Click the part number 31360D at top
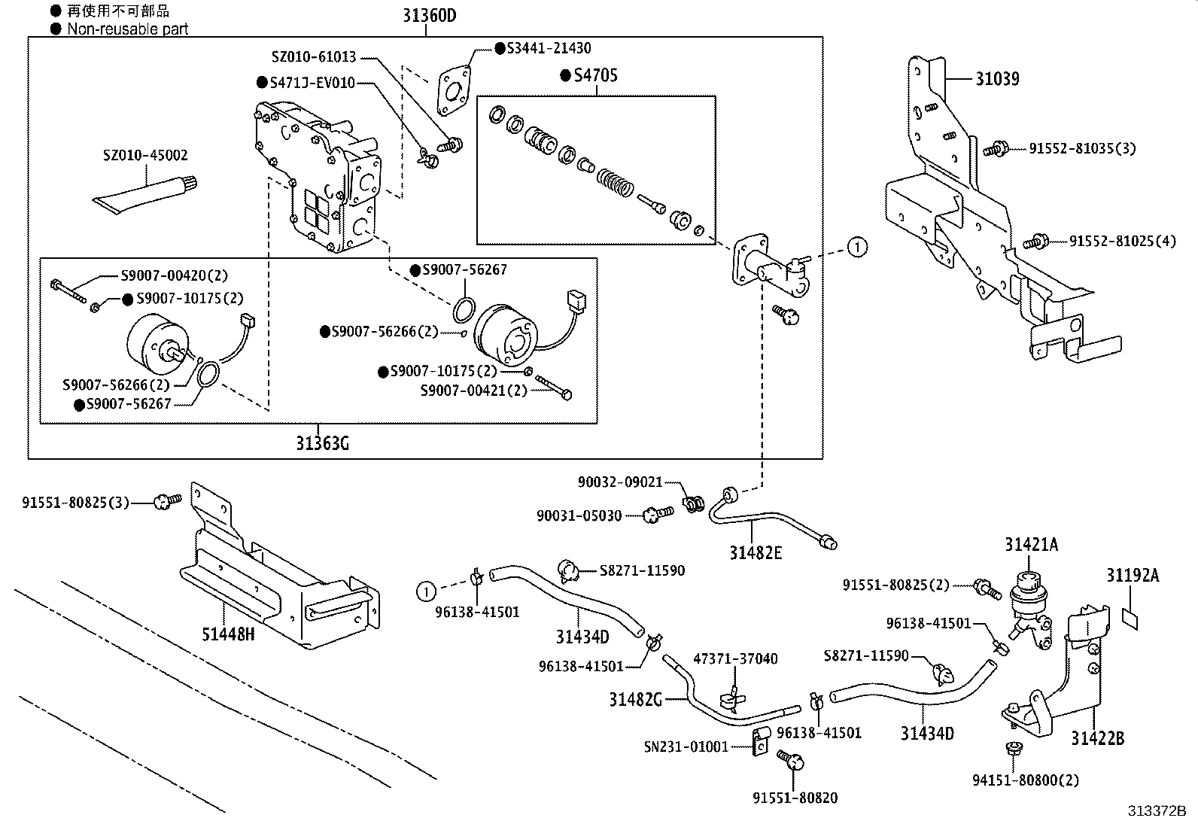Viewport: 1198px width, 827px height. tap(427, 14)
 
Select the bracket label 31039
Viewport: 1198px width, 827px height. tap(997, 78)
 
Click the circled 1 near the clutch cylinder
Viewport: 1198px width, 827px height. tap(857, 246)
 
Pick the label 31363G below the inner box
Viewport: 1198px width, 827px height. tap(322, 443)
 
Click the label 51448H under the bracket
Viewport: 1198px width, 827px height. tap(227, 634)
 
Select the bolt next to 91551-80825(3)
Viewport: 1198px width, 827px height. tap(166, 500)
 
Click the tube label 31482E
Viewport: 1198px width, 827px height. tap(756, 553)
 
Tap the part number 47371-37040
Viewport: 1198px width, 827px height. tap(735, 658)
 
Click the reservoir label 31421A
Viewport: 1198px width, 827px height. tap(1031, 545)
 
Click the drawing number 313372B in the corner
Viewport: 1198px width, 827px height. tap(1156, 810)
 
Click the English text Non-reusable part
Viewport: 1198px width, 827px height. tap(127, 29)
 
